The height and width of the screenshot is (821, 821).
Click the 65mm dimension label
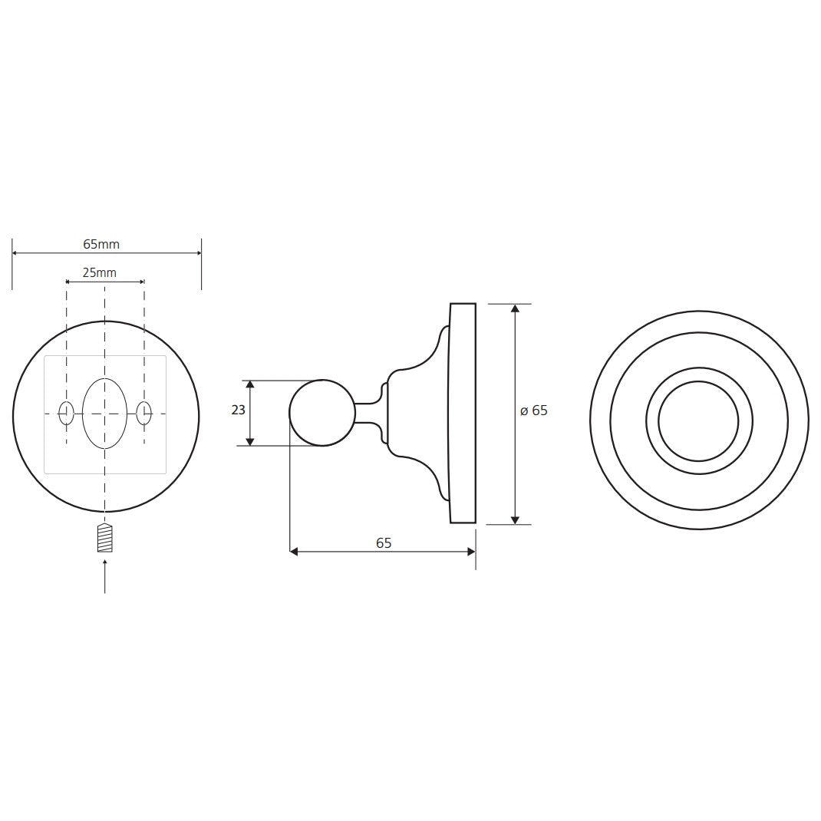pyautogui.click(x=101, y=244)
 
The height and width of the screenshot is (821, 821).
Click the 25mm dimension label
pyautogui.click(x=100, y=272)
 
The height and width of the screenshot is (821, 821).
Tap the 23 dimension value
pyautogui.click(x=238, y=410)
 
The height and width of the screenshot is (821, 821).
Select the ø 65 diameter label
pyautogui.click(x=533, y=410)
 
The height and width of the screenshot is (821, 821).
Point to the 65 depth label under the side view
pyautogui.click(x=384, y=543)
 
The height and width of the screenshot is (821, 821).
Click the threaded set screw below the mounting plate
pyautogui.click(x=104, y=537)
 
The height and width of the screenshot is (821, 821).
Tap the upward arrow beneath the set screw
pyautogui.click(x=104, y=576)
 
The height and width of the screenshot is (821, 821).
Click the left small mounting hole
pyautogui.click(x=66, y=414)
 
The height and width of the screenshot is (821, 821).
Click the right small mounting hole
pyautogui.click(x=144, y=414)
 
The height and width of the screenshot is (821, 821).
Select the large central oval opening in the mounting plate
pyautogui.click(x=104, y=413)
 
